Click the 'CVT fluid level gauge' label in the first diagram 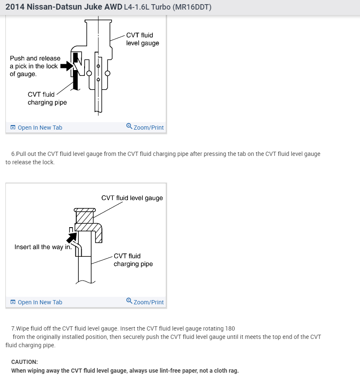tap(142, 39)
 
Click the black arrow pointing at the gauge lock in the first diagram tap(66, 66)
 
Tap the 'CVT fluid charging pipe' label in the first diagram tap(47, 98)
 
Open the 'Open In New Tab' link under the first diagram tap(40, 128)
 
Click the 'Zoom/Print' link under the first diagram tap(148, 128)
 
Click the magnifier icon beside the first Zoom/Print tap(129, 127)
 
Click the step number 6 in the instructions tap(13, 154)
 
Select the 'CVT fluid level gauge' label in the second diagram tap(132, 198)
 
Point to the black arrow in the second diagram tap(72, 237)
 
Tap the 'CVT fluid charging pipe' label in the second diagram tap(133, 260)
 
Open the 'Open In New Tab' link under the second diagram tap(40, 302)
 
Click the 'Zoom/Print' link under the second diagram tap(148, 302)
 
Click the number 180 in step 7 tap(230, 328)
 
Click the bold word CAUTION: tap(25, 362)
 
